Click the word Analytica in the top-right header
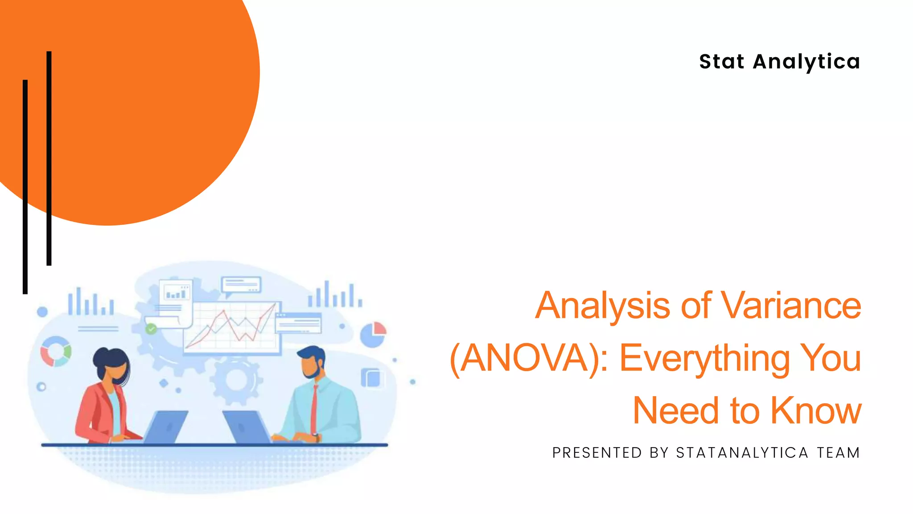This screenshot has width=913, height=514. [x=806, y=62]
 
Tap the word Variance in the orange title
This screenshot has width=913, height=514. [x=791, y=306]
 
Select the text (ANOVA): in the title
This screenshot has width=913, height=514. [x=529, y=358]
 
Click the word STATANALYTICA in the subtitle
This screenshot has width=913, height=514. [x=742, y=453]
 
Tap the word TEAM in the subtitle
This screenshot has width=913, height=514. [x=838, y=453]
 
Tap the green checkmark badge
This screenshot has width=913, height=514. [x=151, y=329]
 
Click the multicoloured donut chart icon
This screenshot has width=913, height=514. [x=56, y=351]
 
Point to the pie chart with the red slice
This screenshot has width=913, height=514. [x=373, y=334]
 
